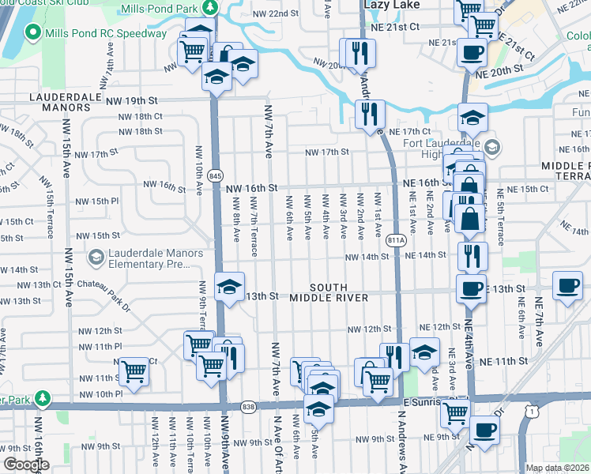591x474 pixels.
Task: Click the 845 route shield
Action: (x=215, y=175)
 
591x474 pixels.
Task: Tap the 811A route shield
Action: (x=397, y=239)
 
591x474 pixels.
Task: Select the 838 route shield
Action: (x=247, y=404)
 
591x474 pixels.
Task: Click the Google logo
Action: (x=25, y=465)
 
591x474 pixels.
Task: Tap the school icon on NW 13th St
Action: (x=229, y=286)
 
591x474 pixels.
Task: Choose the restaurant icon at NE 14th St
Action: (x=472, y=256)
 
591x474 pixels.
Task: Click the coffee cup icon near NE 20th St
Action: (x=472, y=53)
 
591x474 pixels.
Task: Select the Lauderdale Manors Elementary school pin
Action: (x=96, y=257)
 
